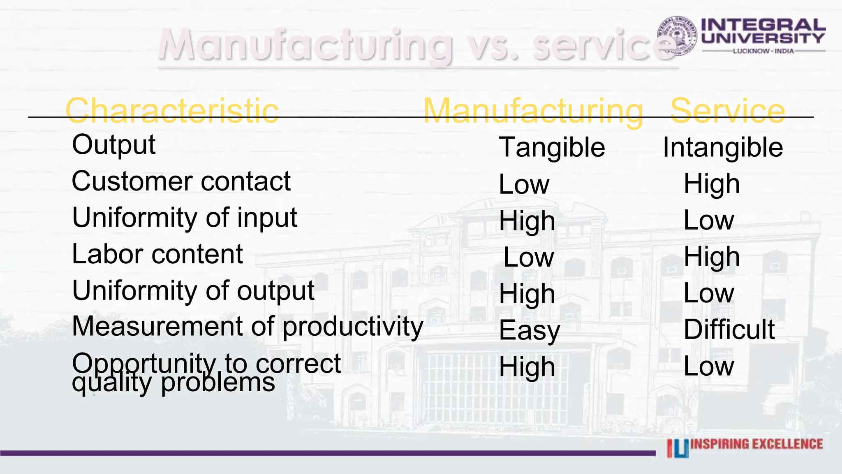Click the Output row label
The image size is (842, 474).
[114, 145]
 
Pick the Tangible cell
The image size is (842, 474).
[552, 147]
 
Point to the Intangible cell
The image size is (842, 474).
[723, 147]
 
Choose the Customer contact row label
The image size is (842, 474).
[181, 181]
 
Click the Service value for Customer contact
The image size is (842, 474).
[712, 184]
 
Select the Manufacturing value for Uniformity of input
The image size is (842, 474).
[527, 221]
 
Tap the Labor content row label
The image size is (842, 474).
[157, 254]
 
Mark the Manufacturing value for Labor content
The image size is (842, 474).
[529, 258]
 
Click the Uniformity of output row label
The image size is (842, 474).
[193, 290]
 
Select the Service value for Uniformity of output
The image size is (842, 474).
[709, 293]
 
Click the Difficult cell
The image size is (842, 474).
[729, 330]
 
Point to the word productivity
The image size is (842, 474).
[353, 327]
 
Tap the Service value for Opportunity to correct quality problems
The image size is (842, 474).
[709, 366]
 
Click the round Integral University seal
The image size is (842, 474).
[676, 36]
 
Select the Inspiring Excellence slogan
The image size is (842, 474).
[756, 444]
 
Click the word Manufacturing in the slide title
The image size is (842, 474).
[305, 45]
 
